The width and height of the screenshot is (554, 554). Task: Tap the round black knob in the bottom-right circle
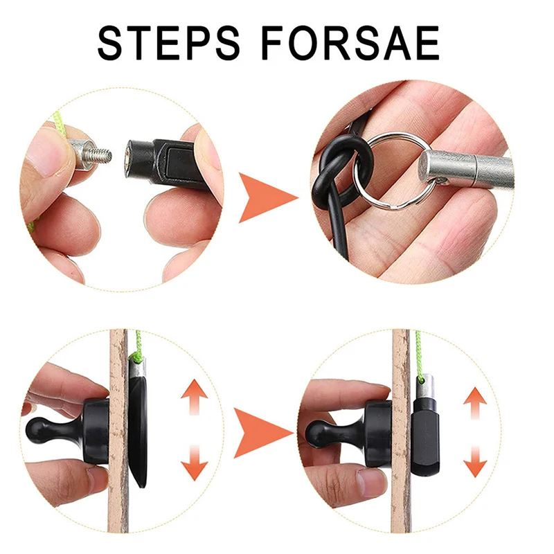(x=319, y=431)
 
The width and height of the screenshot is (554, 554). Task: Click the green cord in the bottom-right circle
(x=419, y=353)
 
